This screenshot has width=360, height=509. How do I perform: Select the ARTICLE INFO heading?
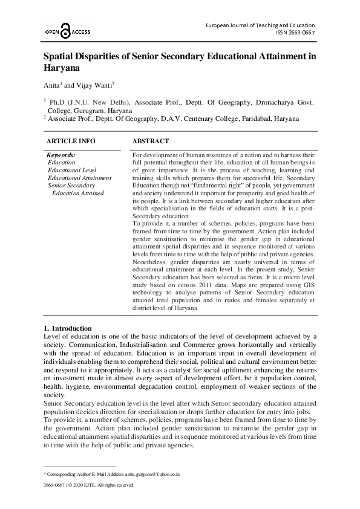[71, 141]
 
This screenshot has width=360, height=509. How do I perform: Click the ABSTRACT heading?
[150, 141]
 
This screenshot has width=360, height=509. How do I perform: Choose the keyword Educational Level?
[72, 170]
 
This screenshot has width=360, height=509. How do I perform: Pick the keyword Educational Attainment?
[79, 178]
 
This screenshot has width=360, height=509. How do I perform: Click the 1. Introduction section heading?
[68, 328]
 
